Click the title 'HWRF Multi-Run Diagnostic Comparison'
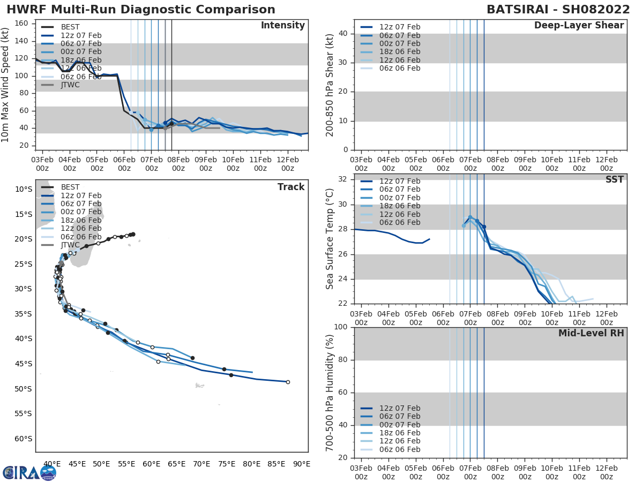coord(141,10)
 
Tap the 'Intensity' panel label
coord(282,26)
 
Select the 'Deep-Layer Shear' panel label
coord(579,26)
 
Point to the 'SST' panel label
coord(614,179)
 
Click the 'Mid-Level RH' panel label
coord(591,333)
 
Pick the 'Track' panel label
coord(290,187)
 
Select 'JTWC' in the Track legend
coord(70,245)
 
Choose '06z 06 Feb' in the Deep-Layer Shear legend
coord(400,68)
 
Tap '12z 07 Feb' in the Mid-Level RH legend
coord(400,408)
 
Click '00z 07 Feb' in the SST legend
coord(400,198)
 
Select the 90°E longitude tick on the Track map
coord(301,464)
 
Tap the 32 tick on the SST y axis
coord(345,179)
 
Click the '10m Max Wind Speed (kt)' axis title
coord(6,85)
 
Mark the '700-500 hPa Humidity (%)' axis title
coord(331,392)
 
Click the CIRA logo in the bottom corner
coord(29,472)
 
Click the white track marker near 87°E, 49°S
coord(288,382)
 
